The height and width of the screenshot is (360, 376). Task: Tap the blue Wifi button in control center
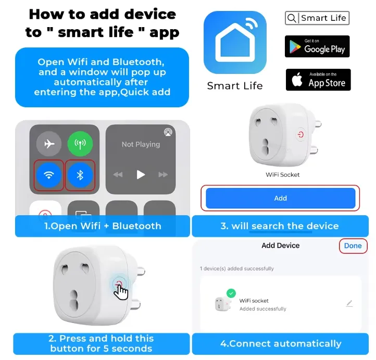(x=49, y=175)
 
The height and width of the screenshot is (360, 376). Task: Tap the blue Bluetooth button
(x=80, y=175)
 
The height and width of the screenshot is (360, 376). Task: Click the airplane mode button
(x=49, y=144)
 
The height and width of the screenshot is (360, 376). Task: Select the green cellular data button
(x=80, y=144)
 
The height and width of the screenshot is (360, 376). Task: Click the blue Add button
(x=280, y=198)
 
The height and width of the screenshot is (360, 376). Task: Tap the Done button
(x=353, y=245)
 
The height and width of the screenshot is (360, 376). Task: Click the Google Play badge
(x=317, y=46)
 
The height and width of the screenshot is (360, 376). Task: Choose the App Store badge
(x=318, y=80)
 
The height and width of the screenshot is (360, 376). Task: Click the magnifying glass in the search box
(x=292, y=18)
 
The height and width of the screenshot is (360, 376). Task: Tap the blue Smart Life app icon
(x=235, y=42)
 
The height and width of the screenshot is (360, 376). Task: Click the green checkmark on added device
(x=231, y=293)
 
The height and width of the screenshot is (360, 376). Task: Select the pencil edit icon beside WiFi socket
(x=349, y=303)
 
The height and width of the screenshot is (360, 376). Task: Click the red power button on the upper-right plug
(x=300, y=134)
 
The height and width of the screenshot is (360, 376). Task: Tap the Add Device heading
(x=280, y=245)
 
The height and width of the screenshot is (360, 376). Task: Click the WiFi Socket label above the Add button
(x=282, y=175)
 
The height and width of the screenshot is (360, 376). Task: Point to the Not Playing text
(x=141, y=144)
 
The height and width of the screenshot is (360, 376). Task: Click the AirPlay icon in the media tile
(x=168, y=132)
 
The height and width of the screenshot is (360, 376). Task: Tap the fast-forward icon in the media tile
(x=163, y=175)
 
